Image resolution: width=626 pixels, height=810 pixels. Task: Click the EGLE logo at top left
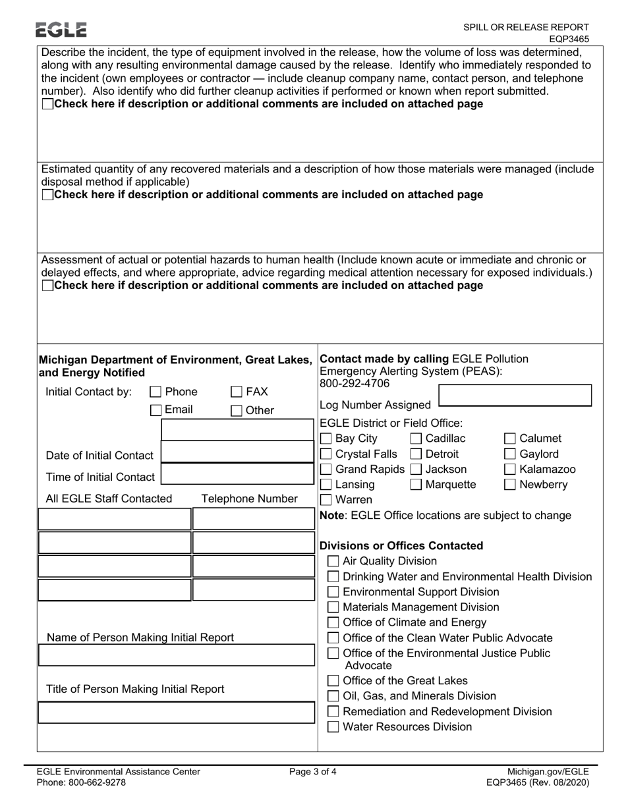point(61,30)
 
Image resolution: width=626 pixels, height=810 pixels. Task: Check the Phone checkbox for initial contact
point(156,392)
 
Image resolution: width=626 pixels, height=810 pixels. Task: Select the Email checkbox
point(156,410)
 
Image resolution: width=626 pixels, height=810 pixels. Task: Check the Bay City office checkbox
point(326,439)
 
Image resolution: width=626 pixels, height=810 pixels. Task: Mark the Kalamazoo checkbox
point(510,470)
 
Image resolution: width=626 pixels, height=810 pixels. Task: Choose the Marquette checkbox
point(416,485)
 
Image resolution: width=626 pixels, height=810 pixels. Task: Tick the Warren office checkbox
point(326,500)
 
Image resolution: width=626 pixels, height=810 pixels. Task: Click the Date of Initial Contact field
point(238,454)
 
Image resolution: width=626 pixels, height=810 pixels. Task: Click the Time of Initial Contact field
point(238,475)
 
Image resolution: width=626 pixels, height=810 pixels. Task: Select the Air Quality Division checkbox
point(334,561)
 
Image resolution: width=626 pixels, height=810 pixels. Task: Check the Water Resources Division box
point(334,727)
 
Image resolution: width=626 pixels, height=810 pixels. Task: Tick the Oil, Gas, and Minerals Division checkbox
point(334,696)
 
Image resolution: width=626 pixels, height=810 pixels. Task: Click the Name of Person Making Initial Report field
point(176,656)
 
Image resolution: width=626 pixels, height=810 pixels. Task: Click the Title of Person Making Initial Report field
point(176,713)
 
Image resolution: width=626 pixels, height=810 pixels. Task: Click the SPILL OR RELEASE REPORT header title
point(526,27)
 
